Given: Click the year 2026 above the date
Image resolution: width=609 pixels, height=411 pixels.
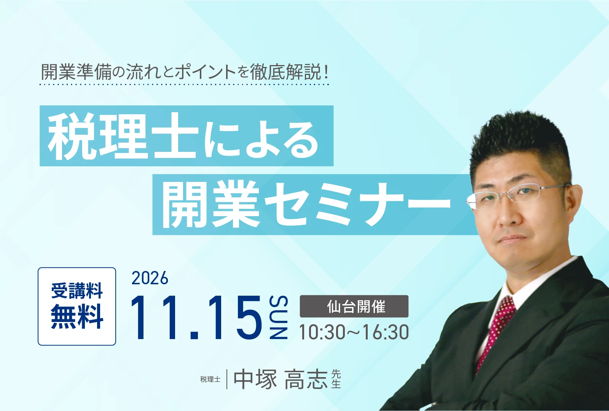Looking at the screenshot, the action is pyautogui.click(x=150, y=278).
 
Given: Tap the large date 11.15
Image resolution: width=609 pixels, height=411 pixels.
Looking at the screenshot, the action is pyautogui.click(x=196, y=317).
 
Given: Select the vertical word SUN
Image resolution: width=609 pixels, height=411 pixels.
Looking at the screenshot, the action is pyautogui.click(x=279, y=317).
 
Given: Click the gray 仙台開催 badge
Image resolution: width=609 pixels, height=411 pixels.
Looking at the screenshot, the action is pyautogui.click(x=354, y=306).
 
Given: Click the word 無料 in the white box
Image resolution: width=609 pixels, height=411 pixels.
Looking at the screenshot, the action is pyautogui.click(x=77, y=317).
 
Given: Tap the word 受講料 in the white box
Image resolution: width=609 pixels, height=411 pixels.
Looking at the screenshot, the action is pyautogui.click(x=77, y=291).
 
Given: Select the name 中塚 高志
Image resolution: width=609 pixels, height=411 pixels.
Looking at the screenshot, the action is pyautogui.click(x=281, y=379).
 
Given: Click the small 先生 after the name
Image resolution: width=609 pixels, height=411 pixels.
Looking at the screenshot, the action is pyautogui.click(x=336, y=379).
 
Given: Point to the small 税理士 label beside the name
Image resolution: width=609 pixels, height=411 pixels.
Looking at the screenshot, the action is pyautogui.click(x=210, y=379).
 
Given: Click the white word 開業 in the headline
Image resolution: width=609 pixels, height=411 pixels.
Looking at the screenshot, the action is pyautogui.click(x=211, y=204).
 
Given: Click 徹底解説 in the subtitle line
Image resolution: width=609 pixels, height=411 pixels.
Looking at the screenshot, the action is pyautogui.click(x=285, y=73).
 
